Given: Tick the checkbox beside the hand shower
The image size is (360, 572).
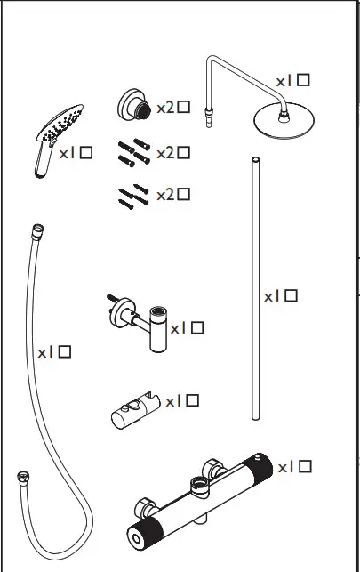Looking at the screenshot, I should pos(86,153).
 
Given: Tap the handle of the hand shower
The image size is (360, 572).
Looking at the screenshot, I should pos(39,160).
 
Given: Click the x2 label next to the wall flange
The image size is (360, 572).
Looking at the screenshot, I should pos(165,108).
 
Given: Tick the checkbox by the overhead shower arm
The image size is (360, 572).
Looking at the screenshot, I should pos(304,80).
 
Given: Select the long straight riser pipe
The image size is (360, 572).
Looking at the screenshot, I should pos(255,285).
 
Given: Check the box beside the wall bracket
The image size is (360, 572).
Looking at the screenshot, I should pos(196,327).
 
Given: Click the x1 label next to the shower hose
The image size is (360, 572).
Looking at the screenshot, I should pos(45,352).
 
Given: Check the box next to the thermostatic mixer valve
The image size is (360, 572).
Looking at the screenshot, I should pos(305,466).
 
